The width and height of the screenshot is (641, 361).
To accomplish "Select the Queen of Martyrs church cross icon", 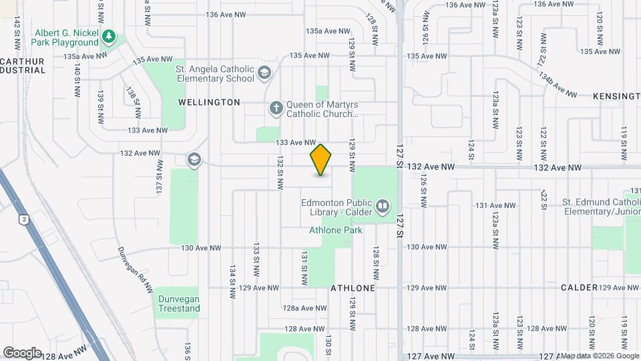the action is point(276,108).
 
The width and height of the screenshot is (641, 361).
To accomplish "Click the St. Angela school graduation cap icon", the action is point(264,73).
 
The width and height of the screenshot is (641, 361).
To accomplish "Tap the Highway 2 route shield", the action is point(25,219).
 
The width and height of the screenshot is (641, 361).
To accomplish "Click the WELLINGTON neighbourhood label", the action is point(209,102).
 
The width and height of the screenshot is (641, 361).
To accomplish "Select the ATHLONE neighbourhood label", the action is point(353,287).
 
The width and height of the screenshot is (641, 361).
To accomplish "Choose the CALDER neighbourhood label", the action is point(579,287).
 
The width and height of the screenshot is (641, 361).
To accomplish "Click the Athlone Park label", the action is point(336,231).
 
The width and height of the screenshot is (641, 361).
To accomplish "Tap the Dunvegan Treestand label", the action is point(178,304).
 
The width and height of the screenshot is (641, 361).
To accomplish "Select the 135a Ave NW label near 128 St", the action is point(328,31).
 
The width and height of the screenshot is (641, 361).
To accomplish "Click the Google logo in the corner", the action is point(22,352).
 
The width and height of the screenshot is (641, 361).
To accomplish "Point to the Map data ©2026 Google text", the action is point(599,356).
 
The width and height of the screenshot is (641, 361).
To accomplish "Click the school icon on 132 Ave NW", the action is point(194,158).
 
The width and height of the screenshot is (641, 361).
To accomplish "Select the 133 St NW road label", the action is point(256,261).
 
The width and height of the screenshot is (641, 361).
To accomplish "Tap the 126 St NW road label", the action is point(423,189).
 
